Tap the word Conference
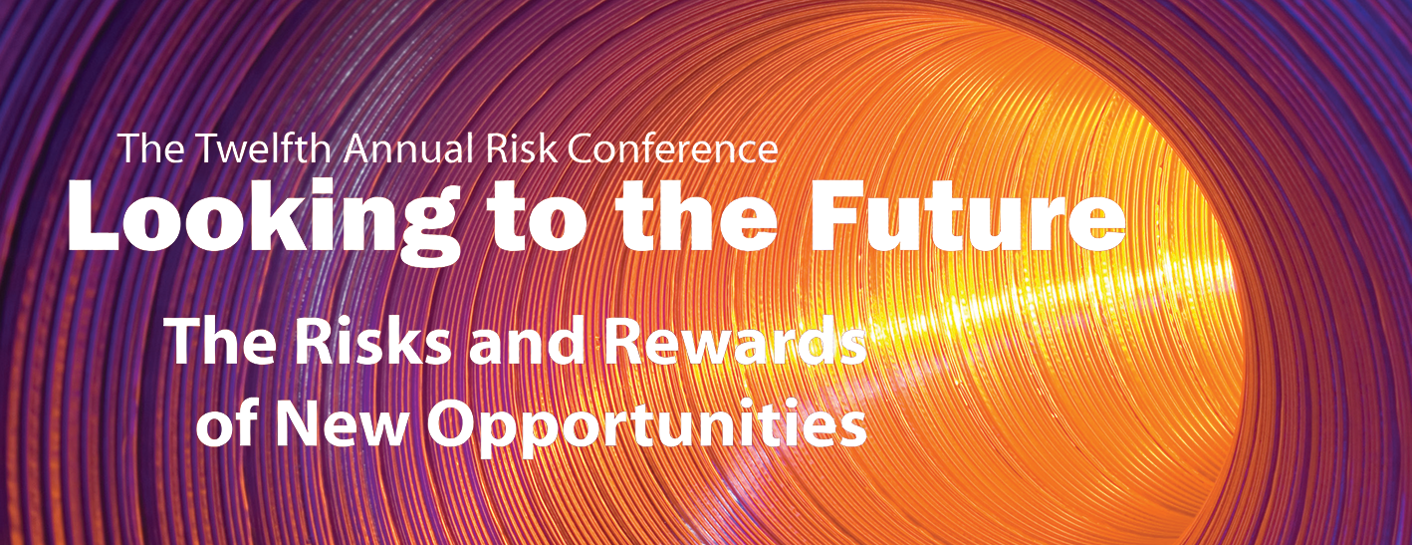[672, 148]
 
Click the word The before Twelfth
[150, 147]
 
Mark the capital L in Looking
[94, 216]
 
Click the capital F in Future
[832, 216]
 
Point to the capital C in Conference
[580, 149]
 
